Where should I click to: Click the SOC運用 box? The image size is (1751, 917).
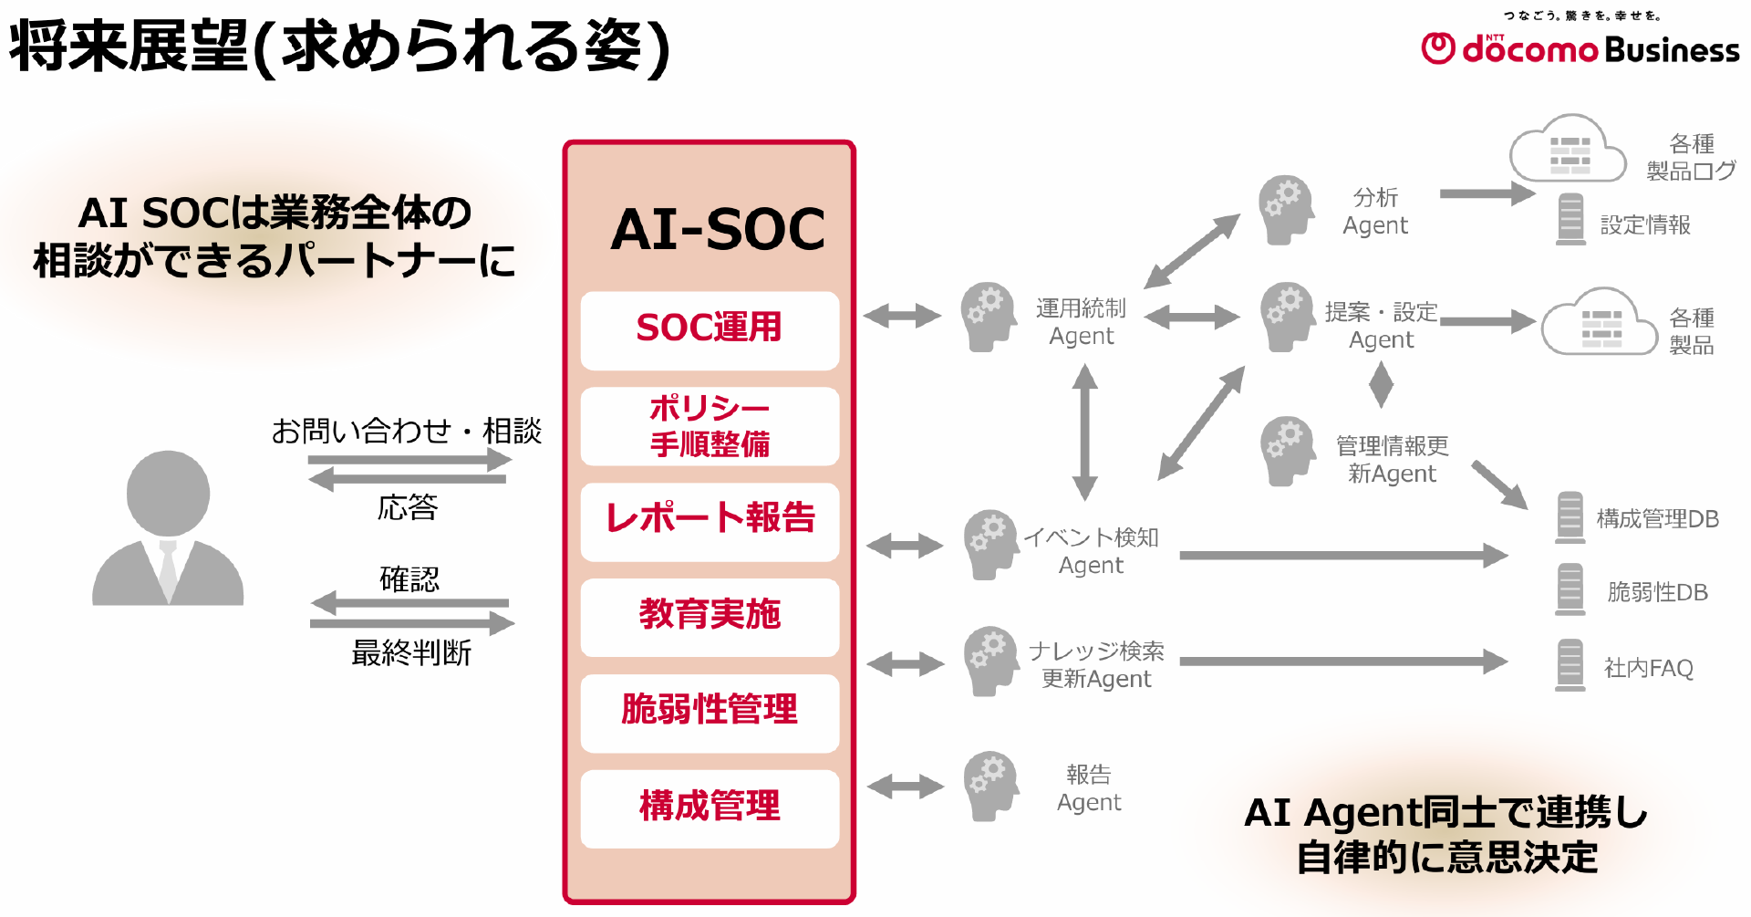[710, 330]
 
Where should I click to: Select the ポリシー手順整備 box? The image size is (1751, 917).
[710, 426]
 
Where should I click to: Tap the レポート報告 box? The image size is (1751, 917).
[710, 522]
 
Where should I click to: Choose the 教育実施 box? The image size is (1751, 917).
[710, 618]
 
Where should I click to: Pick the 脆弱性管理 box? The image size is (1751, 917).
[710, 714]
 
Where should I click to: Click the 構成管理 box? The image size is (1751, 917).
[710, 809]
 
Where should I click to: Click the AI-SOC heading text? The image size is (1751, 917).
[718, 229]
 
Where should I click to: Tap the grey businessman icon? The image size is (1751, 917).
[168, 527]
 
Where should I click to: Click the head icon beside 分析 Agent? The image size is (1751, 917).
[1286, 210]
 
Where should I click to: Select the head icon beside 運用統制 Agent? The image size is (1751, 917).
[989, 318]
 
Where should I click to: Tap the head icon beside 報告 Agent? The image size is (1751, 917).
[992, 787]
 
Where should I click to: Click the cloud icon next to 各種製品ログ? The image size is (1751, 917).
[1568, 149]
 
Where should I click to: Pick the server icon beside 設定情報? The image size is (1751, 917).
[1570, 219]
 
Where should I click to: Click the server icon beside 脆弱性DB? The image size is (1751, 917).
[1570, 589]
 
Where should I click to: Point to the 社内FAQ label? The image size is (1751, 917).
[1649, 668]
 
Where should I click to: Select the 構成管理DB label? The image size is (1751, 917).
[1658, 519]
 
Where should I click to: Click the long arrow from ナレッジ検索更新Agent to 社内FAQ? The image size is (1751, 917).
[1343, 662]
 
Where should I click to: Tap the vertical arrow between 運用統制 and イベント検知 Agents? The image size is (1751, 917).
[1084, 432]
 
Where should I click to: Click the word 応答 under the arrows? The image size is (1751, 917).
[408, 507]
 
